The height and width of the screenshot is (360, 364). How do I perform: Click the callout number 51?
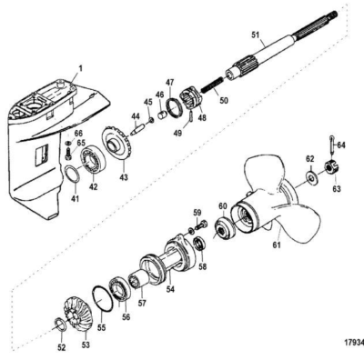pyautogui.click(x=257, y=35)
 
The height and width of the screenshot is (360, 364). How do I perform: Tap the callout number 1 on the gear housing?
pyautogui.click(x=80, y=69)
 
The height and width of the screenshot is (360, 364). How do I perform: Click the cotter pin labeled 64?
pyautogui.click(x=332, y=145)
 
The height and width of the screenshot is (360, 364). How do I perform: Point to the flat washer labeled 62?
pyautogui.click(x=311, y=176)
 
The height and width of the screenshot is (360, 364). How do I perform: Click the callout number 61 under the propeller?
pyautogui.click(x=277, y=245)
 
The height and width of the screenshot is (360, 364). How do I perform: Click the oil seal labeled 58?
pyautogui.click(x=200, y=245)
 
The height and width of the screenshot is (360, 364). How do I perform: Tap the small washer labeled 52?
pyautogui.click(x=61, y=325)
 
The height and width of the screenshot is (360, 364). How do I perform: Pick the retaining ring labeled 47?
pyautogui.click(x=174, y=108)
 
